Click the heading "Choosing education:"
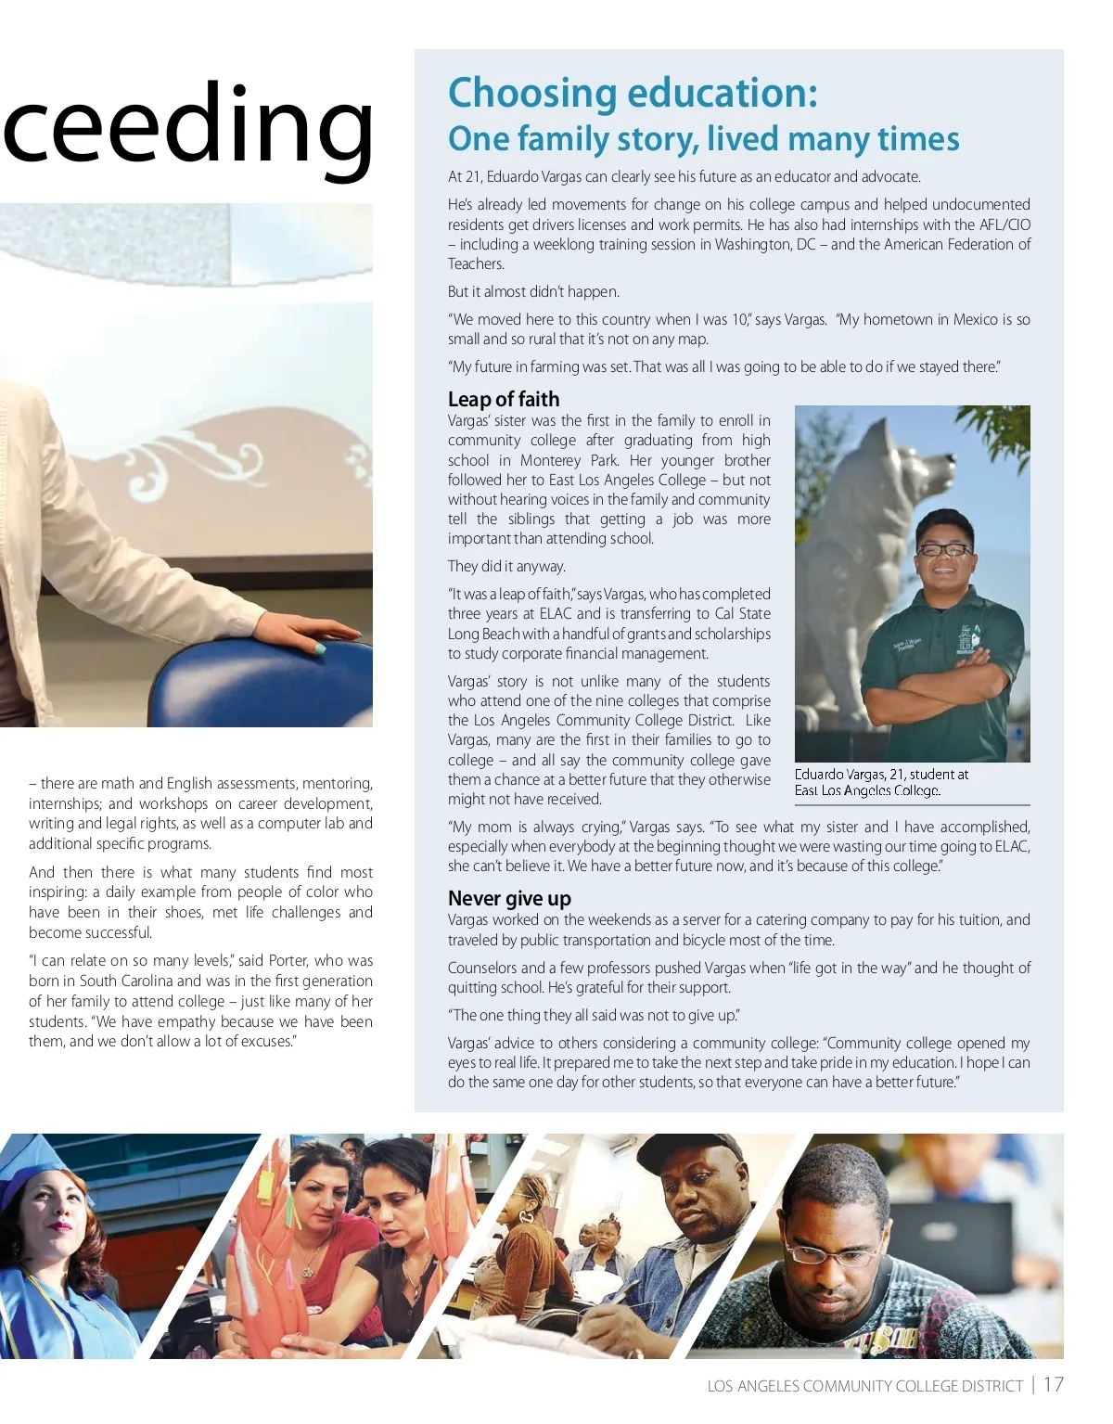click(x=633, y=93)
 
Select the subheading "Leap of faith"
click(x=504, y=399)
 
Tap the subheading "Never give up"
click(x=509, y=898)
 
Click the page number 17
click(x=1053, y=1385)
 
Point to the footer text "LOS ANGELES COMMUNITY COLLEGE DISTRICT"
click(x=864, y=1386)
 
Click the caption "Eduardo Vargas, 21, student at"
click(x=881, y=774)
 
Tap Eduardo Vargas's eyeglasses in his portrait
click(x=943, y=549)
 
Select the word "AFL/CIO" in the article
click(x=1004, y=225)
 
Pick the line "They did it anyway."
click(x=506, y=566)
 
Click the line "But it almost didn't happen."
click(x=533, y=291)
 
